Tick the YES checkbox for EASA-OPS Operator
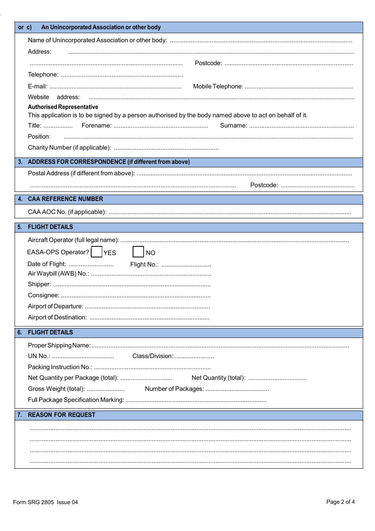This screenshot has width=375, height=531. point(97,252)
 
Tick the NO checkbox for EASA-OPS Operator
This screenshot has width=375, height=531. point(138,252)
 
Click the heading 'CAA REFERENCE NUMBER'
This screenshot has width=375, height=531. point(65,199)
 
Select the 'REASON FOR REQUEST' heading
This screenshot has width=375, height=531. point(62,415)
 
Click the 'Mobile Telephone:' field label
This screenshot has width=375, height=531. point(218,86)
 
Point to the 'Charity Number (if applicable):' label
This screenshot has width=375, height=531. point(69,148)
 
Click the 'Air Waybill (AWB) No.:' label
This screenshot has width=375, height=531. point(58,274)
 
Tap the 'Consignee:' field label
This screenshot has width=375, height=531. point(43,295)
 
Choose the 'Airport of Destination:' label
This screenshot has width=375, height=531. point(57,317)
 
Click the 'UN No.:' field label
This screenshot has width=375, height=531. point(39,356)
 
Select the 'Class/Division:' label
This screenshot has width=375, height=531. point(152,356)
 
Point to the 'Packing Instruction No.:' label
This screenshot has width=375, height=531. point(60,367)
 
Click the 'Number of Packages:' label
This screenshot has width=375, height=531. point(174,389)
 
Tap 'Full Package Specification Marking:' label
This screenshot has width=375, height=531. point(76,400)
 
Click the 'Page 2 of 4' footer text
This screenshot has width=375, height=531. point(340,502)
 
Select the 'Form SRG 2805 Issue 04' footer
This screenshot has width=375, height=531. point(45,502)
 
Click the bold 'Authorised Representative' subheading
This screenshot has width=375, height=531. point(63,107)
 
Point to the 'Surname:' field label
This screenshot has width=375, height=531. point(233,126)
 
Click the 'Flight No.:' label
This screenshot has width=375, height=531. point(144,265)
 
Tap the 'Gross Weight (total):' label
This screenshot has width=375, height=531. point(56,389)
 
